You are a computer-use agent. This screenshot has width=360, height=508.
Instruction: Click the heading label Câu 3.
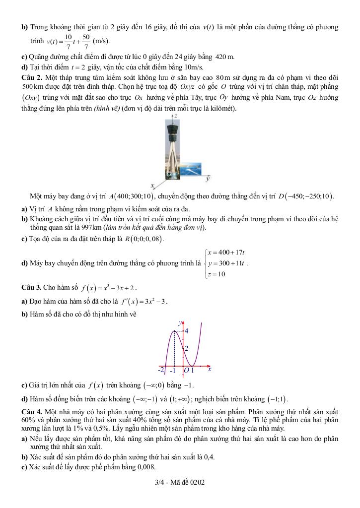pyautogui.click(x=31, y=287)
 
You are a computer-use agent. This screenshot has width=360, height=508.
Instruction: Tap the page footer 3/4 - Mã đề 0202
pyautogui.click(x=180, y=482)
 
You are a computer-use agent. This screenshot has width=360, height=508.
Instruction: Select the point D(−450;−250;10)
pyautogui.click(x=306, y=196)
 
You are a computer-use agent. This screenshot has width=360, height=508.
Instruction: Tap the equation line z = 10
pyautogui.click(x=217, y=274)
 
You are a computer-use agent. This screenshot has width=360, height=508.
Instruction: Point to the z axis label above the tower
pyautogui.click(x=175, y=115)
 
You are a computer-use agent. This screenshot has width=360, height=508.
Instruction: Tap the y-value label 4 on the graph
pyautogui.click(x=186, y=330)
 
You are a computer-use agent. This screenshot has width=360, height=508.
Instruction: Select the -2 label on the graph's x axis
pyautogui.click(x=161, y=370)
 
